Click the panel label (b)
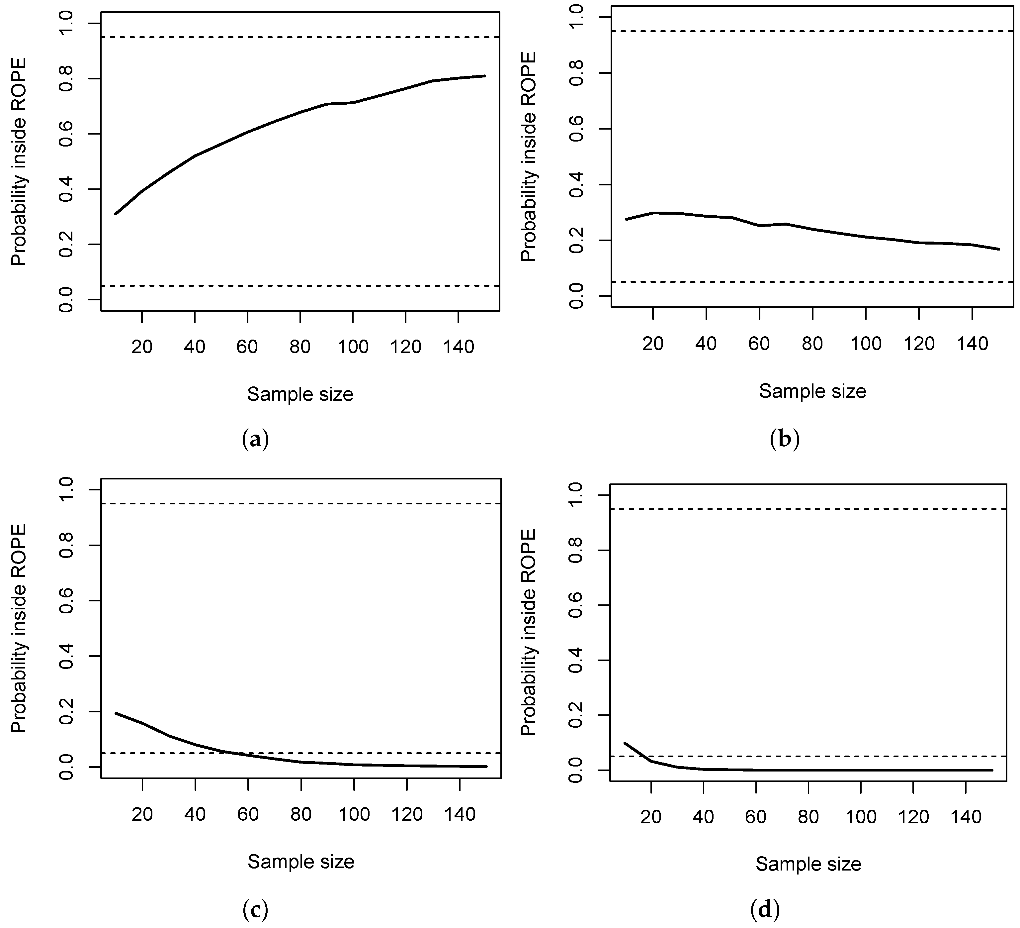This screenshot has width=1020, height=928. pyautogui.click(x=784, y=439)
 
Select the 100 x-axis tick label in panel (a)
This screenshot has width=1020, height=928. pyautogui.click(x=353, y=347)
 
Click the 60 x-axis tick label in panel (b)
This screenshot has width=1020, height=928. pyautogui.click(x=759, y=344)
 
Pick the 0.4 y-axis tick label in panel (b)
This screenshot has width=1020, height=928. pyautogui.click(x=577, y=185)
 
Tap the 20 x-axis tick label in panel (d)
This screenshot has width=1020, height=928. pyautogui.click(x=651, y=817)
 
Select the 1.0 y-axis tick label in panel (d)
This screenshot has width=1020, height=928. pyautogui.click(x=577, y=495)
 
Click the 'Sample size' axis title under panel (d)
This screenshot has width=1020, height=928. pyautogui.click(x=808, y=864)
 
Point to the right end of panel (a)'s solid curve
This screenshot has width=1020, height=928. pyautogui.click(x=485, y=76)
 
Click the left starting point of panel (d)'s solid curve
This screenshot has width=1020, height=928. pyautogui.click(x=625, y=743)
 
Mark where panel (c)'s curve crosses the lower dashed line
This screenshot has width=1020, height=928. pyautogui.click(x=228, y=753)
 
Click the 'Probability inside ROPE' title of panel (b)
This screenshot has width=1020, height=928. pyautogui.click(x=528, y=156)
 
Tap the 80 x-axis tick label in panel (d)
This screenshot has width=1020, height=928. pyautogui.click(x=808, y=817)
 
